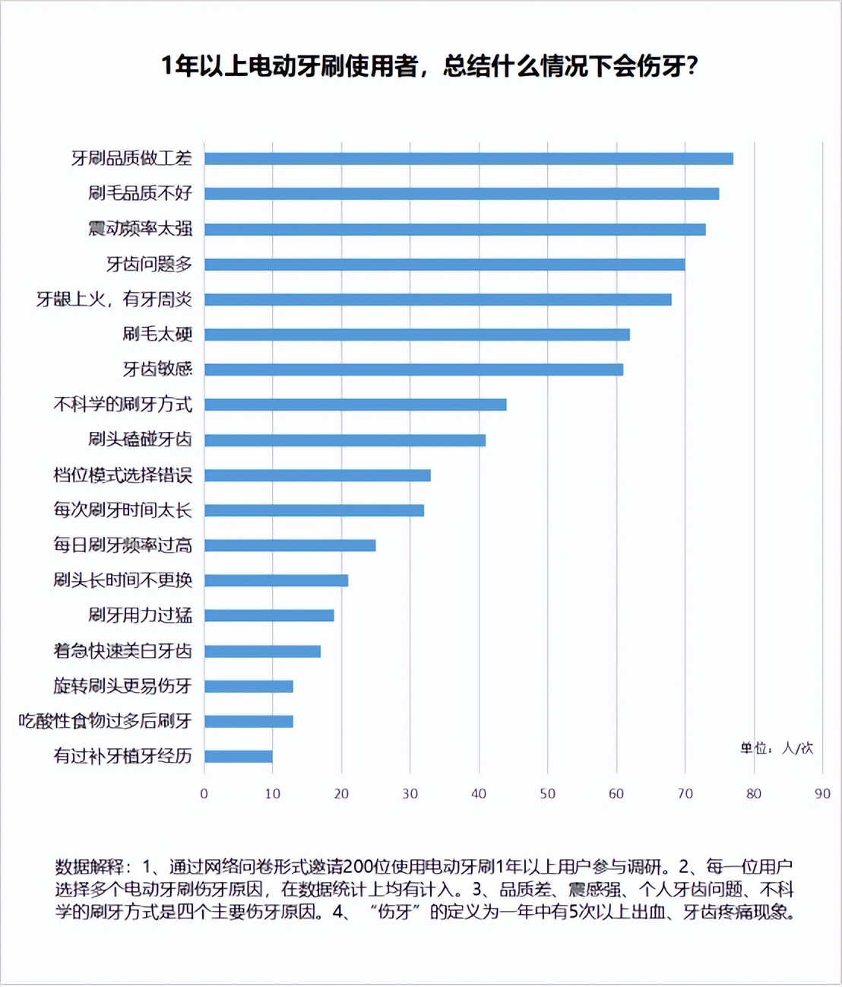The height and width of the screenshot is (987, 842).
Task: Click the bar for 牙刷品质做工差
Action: coord(468,158)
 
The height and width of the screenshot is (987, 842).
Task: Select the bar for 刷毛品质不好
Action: coord(461,194)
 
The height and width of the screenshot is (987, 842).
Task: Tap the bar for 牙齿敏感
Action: coord(413,370)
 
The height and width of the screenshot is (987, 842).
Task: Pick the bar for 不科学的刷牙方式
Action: coord(355,405)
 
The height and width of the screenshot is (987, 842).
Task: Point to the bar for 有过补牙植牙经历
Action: coord(238,757)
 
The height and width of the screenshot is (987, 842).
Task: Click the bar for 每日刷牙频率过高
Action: coord(290,545)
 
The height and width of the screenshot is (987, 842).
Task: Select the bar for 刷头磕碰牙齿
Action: coord(344,440)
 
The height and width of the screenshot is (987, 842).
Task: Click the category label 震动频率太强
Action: coord(140,229)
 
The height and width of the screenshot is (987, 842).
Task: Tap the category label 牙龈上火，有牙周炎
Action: coord(114,300)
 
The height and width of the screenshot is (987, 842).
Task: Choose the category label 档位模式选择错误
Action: coord(122,475)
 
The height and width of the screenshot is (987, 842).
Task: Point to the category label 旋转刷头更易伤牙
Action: coord(122,686)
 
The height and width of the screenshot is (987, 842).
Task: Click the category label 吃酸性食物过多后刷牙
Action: coord(105,721)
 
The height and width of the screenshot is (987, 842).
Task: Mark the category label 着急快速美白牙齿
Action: coord(122,651)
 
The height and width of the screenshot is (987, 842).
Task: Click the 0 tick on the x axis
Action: coord(204,794)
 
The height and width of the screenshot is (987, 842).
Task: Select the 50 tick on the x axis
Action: coord(547,794)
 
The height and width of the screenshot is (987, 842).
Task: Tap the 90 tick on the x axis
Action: coord(822,794)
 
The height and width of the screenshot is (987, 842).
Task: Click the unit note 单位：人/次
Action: coord(777,748)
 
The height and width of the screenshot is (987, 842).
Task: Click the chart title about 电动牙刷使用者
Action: coord(429,67)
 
